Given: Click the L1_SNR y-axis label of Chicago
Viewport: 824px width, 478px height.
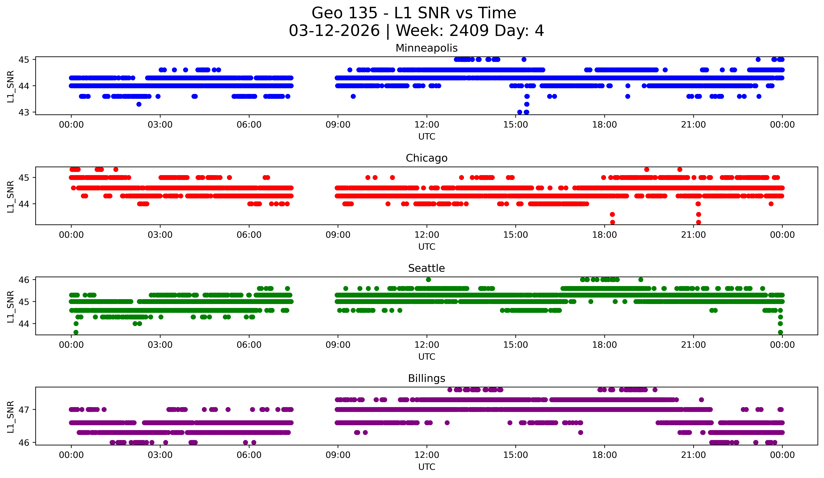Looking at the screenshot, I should (x=10, y=196).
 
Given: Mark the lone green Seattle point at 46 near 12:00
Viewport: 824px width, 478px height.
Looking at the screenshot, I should (x=428, y=280).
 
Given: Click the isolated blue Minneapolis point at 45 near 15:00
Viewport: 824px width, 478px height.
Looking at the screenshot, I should (x=524, y=59).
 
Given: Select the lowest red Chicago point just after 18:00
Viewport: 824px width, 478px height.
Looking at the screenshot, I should (x=613, y=222).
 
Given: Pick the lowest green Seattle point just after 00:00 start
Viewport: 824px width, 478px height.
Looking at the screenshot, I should (x=76, y=332).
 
